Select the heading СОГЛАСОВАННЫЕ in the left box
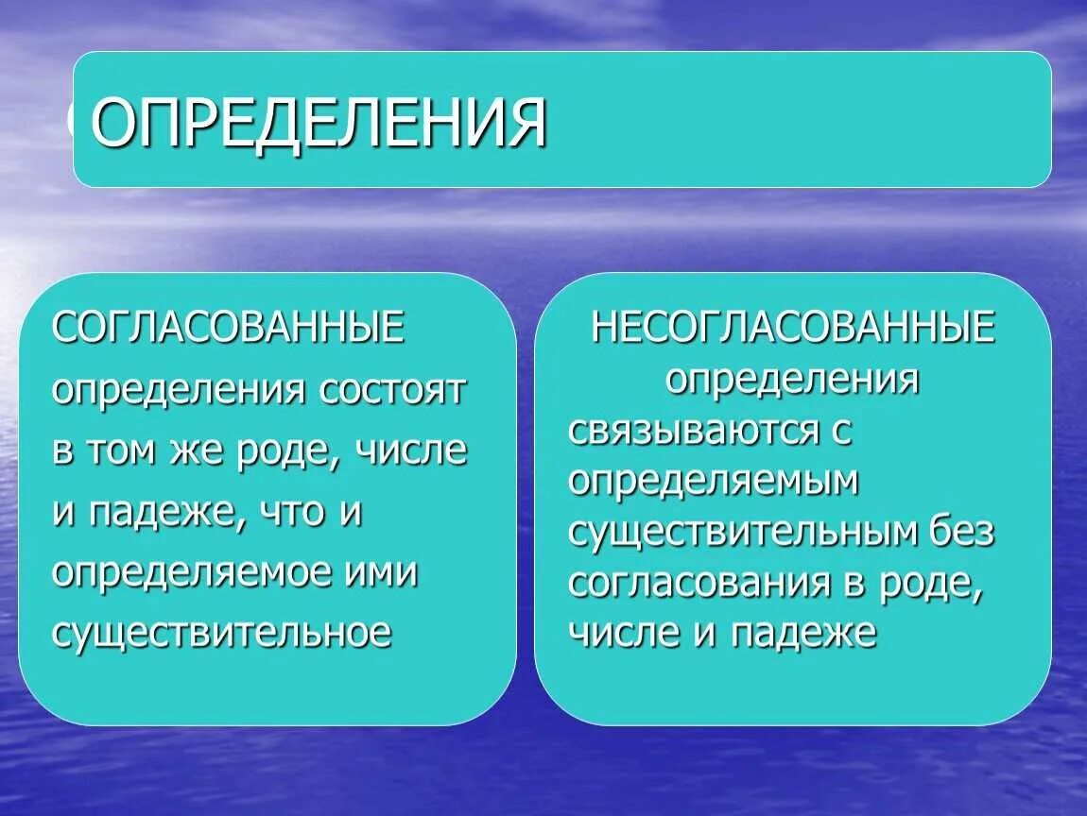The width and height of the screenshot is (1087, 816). pos(229,329)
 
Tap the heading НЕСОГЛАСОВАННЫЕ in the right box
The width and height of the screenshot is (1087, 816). pos(792,329)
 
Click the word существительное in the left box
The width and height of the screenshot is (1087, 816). pos(222,633)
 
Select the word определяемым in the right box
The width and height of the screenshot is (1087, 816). pos(714,482)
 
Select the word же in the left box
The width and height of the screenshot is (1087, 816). pos(193,451)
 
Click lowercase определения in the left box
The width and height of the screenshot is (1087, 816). pos(179,390)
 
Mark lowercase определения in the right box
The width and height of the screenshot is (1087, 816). pos(792,379)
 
